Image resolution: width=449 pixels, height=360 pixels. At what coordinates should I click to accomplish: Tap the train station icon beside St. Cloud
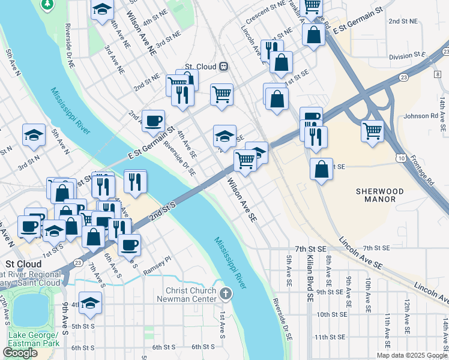click(x=223, y=67)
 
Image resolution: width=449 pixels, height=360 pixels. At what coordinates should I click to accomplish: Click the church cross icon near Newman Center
click(x=225, y=293)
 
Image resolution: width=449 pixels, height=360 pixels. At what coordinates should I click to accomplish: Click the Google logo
click(x=20, y=353)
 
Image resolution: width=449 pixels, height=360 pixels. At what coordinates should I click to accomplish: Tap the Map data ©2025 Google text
click(x=411, y=355)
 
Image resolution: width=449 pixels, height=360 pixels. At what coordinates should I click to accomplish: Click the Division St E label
click(x=406, y=56)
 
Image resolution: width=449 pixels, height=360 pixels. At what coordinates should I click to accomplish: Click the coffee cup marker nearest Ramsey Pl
click(x=129, y=244)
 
